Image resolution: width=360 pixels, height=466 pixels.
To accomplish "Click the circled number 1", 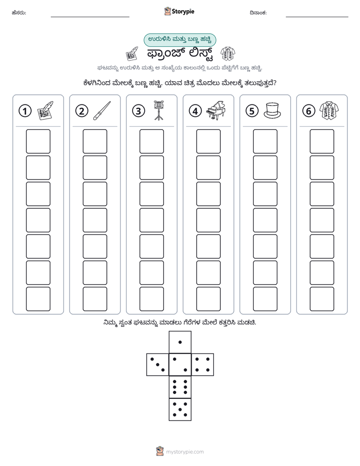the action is tap(25, 111).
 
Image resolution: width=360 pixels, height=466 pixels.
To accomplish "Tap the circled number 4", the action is tap(195, 111).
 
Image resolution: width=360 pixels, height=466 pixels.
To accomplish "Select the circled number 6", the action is tap(309, 111).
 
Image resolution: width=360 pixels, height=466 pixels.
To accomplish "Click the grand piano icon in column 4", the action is tap(216, 110).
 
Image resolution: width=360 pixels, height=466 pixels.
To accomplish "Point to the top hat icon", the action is tap(272, 110).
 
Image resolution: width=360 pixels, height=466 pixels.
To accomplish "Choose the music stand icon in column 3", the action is tap(159, 110).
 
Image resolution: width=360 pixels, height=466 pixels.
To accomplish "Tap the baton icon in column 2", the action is tap(102, 110).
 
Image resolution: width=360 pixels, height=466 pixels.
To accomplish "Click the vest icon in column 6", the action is tap(329, 111).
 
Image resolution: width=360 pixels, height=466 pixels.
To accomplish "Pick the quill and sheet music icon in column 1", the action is tap(45, 110).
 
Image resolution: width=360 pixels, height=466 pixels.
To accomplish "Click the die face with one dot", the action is tap(180, 342).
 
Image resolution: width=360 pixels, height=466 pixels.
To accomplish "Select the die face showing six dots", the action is tap(180, 387).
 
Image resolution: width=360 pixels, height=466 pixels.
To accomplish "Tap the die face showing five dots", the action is tap(180, 410).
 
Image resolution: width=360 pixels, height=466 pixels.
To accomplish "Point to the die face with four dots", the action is tap(203, 365).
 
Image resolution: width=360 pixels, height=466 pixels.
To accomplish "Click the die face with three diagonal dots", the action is tap(158, 365).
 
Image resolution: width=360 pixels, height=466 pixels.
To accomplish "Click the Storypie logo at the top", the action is tap(179, 12).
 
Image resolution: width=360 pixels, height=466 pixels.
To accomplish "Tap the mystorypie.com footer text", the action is tap(185, 452).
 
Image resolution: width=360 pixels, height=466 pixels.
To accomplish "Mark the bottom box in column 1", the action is tap(38, 299).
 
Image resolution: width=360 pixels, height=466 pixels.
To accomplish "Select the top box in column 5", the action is tap(265, 141).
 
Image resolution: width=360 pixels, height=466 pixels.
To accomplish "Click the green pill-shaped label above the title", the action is tap(180, 40).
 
